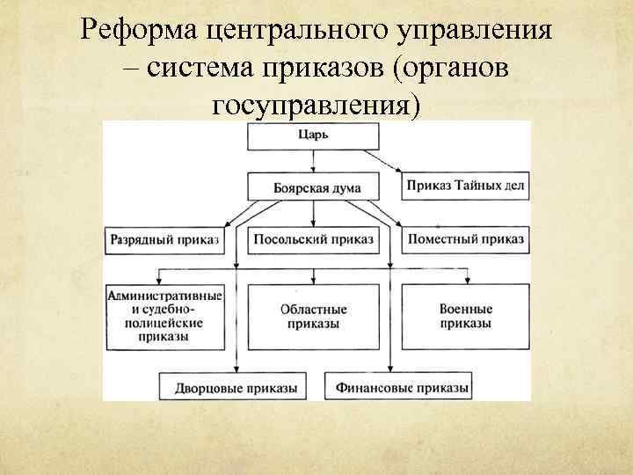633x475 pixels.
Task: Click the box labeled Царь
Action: (314, 136)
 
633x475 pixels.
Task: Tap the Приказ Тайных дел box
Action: (465, 186)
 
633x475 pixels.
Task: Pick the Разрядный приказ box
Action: (163, 238)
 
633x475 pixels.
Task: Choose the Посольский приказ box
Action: (314, 238)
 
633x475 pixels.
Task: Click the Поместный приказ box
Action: (465, 238)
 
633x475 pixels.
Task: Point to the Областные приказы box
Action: (314, 317)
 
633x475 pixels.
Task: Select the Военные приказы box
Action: (465, 317)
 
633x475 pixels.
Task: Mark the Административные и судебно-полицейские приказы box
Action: (163, 317)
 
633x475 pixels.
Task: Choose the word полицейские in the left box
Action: (163, 323)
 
